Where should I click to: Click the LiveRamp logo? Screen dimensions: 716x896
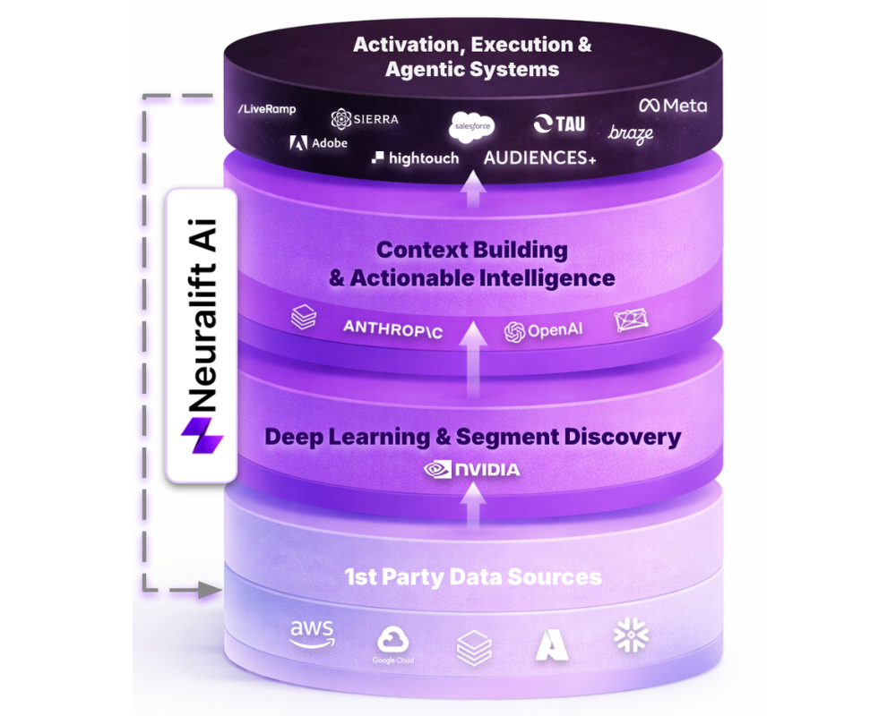click(x=267, y=109)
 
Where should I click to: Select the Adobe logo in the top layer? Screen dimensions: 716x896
click(x=319, y=142)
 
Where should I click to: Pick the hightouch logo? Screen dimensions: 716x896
click(x=415, y=158)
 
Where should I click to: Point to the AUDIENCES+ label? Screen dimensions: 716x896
click(x=539, y=158)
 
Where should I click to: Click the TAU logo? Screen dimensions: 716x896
click(x=559, y=124)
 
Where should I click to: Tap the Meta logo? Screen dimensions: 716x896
click(x=673, y=106)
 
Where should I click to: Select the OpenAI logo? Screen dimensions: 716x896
click(x=543, y=331)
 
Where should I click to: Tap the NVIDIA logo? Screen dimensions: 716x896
click(x=471, y=470)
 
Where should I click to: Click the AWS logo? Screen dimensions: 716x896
click(x=312, y=634)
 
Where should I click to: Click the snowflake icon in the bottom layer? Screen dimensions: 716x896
click(x=631, y=635)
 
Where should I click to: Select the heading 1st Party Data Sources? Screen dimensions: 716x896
click(x=473, y=577)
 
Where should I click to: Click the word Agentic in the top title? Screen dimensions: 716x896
click(x=426, y=69)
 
